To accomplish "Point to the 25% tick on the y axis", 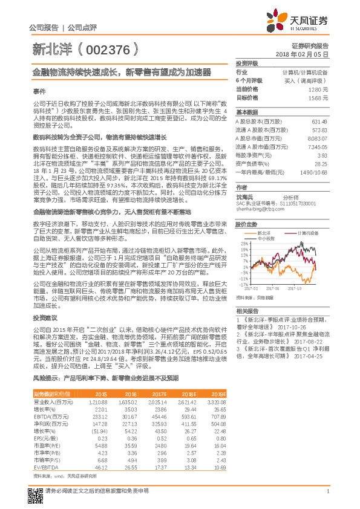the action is coord(244,243).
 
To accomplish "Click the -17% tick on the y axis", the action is coord(244,284).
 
